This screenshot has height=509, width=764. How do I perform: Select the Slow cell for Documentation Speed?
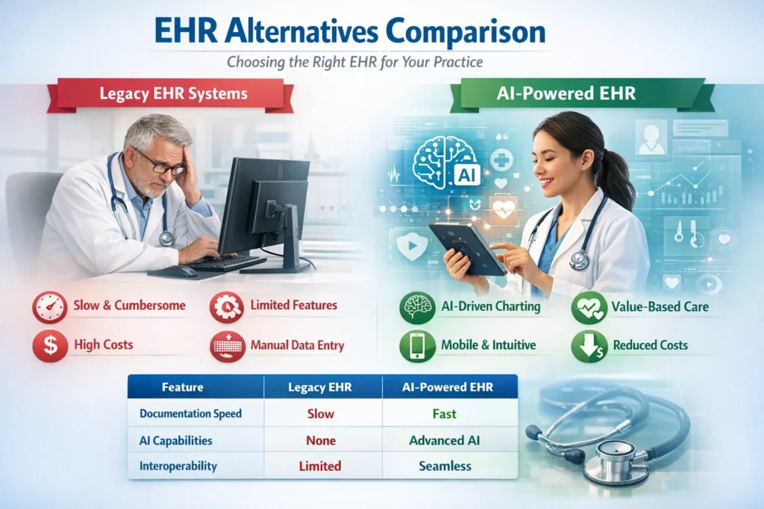click(x=320, y=414)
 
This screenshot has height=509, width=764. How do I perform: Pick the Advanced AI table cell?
click(x=445, y=440)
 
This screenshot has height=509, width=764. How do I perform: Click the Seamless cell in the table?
click(x=445, y=466)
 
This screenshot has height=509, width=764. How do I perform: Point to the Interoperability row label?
click(x=178, y=466)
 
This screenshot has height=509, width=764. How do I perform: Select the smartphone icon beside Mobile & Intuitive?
click(x=416, y=346)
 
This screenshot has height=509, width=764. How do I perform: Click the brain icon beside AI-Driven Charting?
click(x=416, y=307)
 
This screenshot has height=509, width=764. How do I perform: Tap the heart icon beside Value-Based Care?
click(x=589, y=307)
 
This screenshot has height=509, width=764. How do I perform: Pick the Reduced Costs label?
click(x=650, y=345)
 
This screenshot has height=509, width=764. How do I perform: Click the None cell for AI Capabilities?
click(x=320, y=440)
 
